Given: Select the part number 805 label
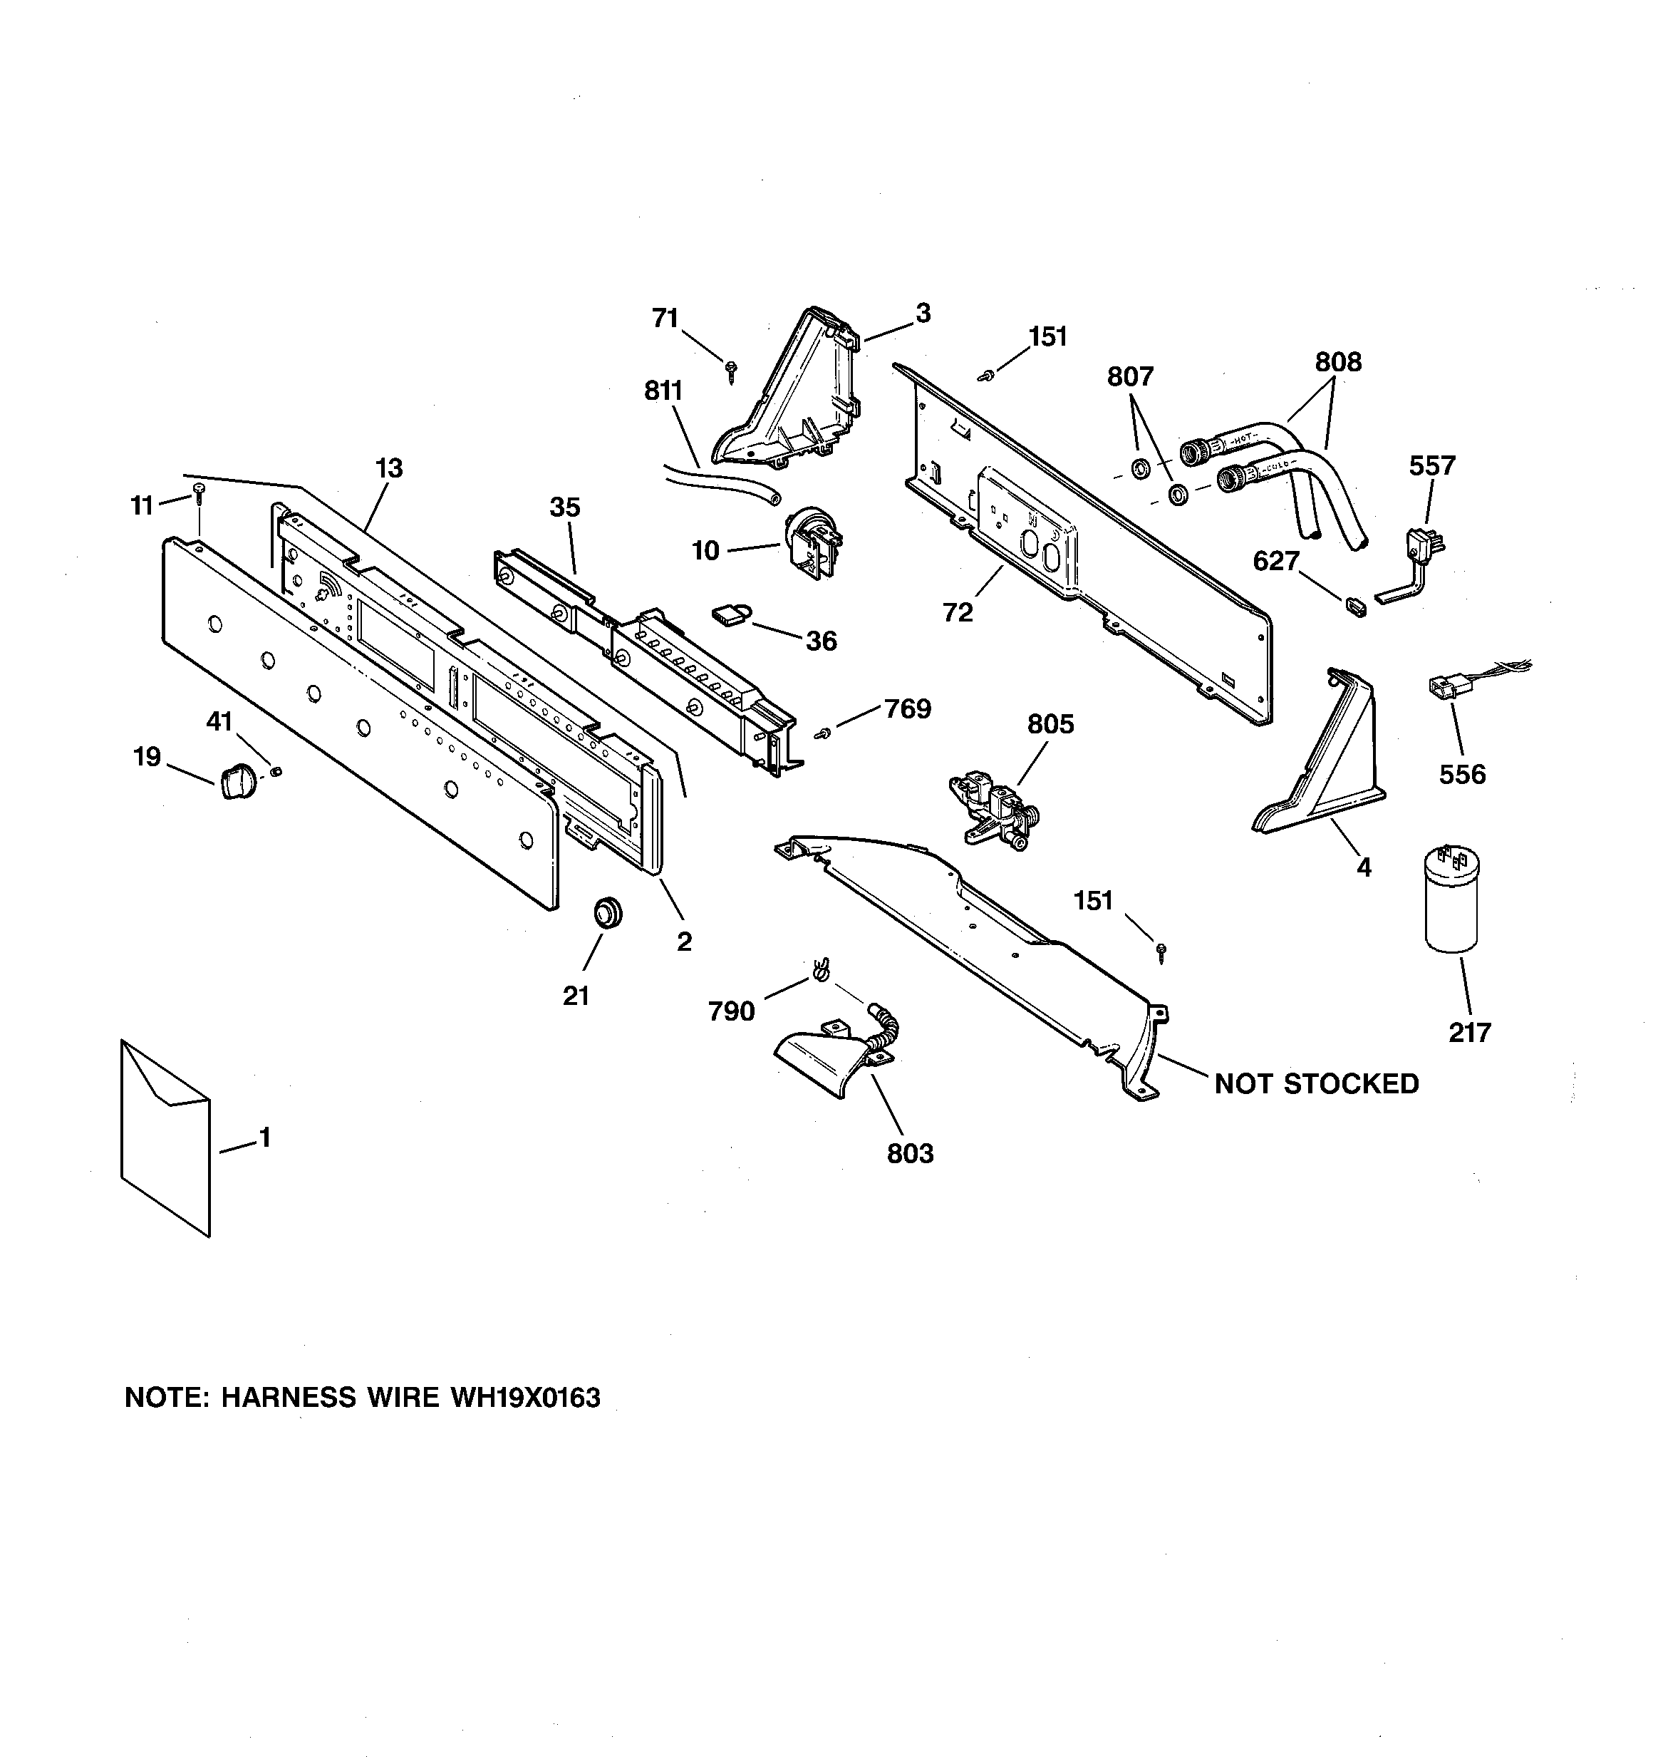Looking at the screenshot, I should pos(1050,724).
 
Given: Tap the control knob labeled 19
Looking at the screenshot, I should pos(234,782).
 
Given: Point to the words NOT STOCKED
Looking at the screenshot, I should pos(1316,1083).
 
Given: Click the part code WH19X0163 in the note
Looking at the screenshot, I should pos(525,1398).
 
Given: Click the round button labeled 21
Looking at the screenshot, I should pos(607,912).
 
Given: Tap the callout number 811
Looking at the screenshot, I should pos(663,391).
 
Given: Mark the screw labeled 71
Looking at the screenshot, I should pos(732,371).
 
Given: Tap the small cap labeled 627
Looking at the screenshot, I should pos(1354,606).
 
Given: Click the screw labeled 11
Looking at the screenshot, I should pos(198,490).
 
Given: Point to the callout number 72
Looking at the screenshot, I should pos(958,612).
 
